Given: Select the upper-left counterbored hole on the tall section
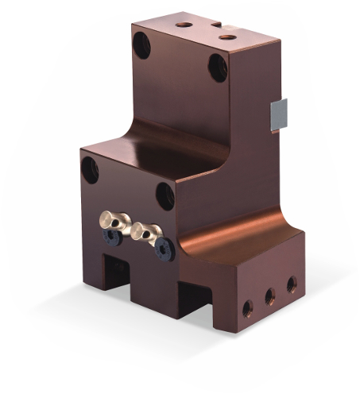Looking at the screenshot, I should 141,45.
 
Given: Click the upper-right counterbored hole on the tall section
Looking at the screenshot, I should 218,68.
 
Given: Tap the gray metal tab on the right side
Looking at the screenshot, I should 279,116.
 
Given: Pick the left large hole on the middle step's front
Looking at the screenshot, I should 91,170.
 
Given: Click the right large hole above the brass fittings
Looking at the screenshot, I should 165,195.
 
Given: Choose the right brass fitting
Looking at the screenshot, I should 147,232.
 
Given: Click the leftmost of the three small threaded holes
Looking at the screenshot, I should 249,308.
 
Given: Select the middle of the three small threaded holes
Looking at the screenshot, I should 270,295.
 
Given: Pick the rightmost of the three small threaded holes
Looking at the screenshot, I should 292,283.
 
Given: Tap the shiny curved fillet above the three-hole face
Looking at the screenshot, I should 238,225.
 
